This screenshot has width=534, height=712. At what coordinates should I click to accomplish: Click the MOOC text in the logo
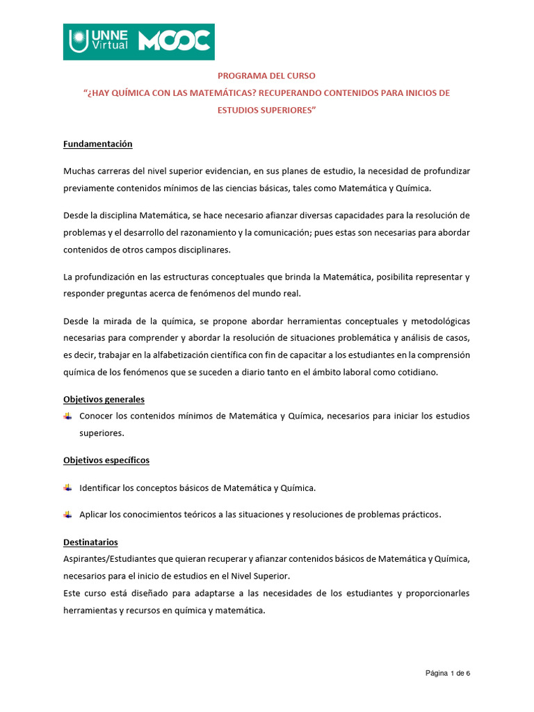pyautogui.click(x=174, y=42)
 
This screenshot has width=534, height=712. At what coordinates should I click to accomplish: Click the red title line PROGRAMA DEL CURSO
pyautogui.click(x=266, y=75)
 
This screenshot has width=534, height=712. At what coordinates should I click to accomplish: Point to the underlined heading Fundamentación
pyautogui.click(x=97, y=144)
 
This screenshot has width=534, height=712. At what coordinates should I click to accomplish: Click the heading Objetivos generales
pyautogui.click(x=104, y=400)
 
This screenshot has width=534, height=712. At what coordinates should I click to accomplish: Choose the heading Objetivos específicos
pyautogui.click(x=106, y=460)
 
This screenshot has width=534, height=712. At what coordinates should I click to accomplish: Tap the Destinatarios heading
pyautogui.click(x=90, y=542)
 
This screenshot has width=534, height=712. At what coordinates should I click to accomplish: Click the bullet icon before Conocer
pyautogui.click(x=67, y=416)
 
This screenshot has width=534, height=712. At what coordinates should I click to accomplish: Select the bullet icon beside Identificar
pyautogui.click(x=67, y=488)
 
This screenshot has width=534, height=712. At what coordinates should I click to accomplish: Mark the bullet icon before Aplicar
pyautogui.click(x=67, y=515)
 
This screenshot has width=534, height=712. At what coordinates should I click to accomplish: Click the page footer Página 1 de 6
pyautogui.click(x=448, y=673)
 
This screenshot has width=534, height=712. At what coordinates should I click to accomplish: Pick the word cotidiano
pyautogui.click(x=417, y=372)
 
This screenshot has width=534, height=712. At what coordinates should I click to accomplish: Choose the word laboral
pyautogui.click(x=355, y=372)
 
